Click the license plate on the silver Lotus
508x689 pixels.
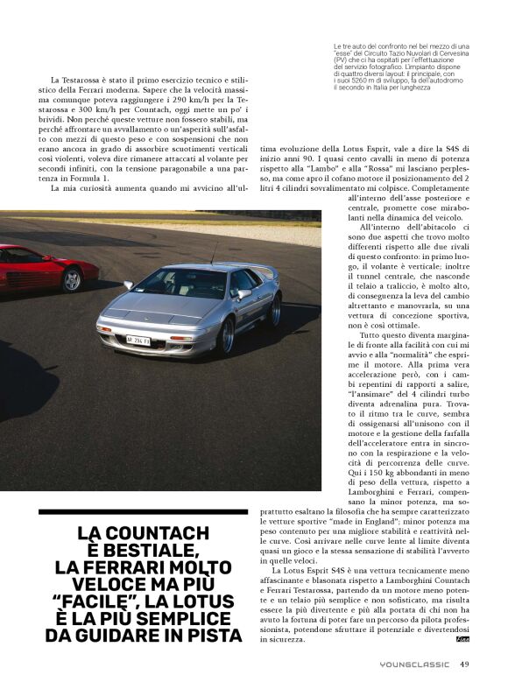point(138,341)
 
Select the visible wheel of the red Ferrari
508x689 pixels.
point(72,278)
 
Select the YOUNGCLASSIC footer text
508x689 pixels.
point(415,664)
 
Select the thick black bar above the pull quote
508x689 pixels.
point(144,511)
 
